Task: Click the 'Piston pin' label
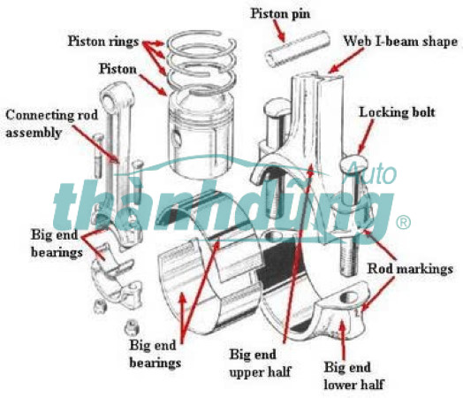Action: [x=280, y=14]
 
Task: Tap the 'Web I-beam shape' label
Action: [x=400, y=41]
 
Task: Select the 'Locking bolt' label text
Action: [x=397, y=112]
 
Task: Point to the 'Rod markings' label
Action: [x=410, y=269]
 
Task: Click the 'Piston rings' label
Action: [x=103, y=41]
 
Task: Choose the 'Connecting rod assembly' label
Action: [x=51, y=124]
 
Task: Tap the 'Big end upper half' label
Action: [x=260, y=363]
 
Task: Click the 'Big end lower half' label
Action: [x=353, y=376]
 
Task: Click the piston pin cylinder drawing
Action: [x=297, y=49]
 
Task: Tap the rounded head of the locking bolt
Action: [x=354, y=165]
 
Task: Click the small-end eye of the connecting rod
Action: [x=109, y=99]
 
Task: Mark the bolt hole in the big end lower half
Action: [x=349, y=297]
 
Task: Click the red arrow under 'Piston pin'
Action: [x=278, y=31]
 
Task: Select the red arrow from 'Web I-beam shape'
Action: [x=345, y=60]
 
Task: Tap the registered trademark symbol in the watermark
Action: [x=403, y=223]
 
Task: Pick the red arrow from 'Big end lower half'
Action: [x=344, y=341]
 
